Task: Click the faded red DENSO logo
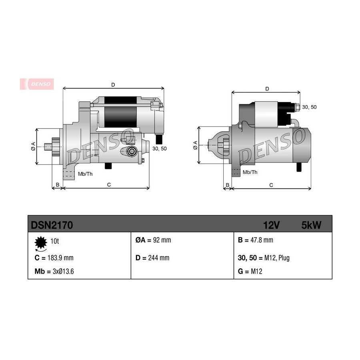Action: click(37, 84)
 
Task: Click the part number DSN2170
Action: click(52, 225)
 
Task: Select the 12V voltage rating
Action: click(271, 225)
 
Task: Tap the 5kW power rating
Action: click(311, 225)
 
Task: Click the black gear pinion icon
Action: click(41, 242)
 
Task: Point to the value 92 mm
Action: click(162, 240)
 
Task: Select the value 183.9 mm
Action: click(60, 258)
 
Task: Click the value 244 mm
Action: click(159, 258)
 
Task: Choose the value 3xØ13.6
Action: click(63, 271)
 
